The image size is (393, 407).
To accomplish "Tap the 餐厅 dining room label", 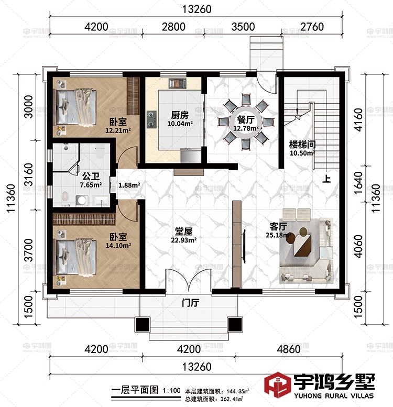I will (x=246, y=119).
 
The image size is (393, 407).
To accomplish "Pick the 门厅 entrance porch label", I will (x=190, y=303).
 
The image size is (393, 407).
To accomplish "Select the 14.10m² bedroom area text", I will (x=118, y=244).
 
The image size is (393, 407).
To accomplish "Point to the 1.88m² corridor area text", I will (x=129, y=184).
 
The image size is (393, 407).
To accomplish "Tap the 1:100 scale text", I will (x=172, y=390).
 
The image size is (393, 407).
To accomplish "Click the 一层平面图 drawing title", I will (x=136, y=390).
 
